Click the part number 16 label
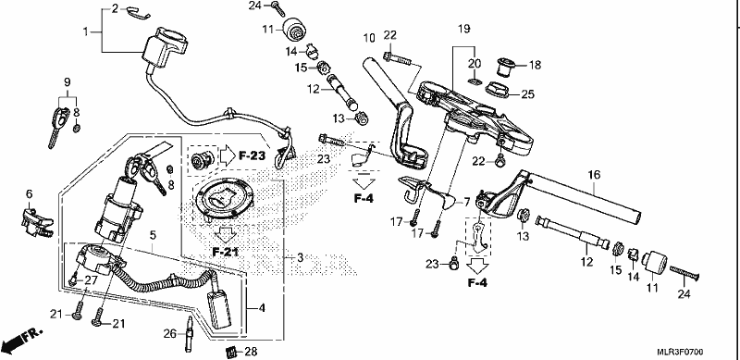(594, 175)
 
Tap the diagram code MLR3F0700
(681, 352)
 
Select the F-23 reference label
(251, 155)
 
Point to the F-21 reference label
(225, 252)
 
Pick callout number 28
(251, 352)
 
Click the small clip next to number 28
(230, 352)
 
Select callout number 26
(169, 332)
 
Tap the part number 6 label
(29, 193)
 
